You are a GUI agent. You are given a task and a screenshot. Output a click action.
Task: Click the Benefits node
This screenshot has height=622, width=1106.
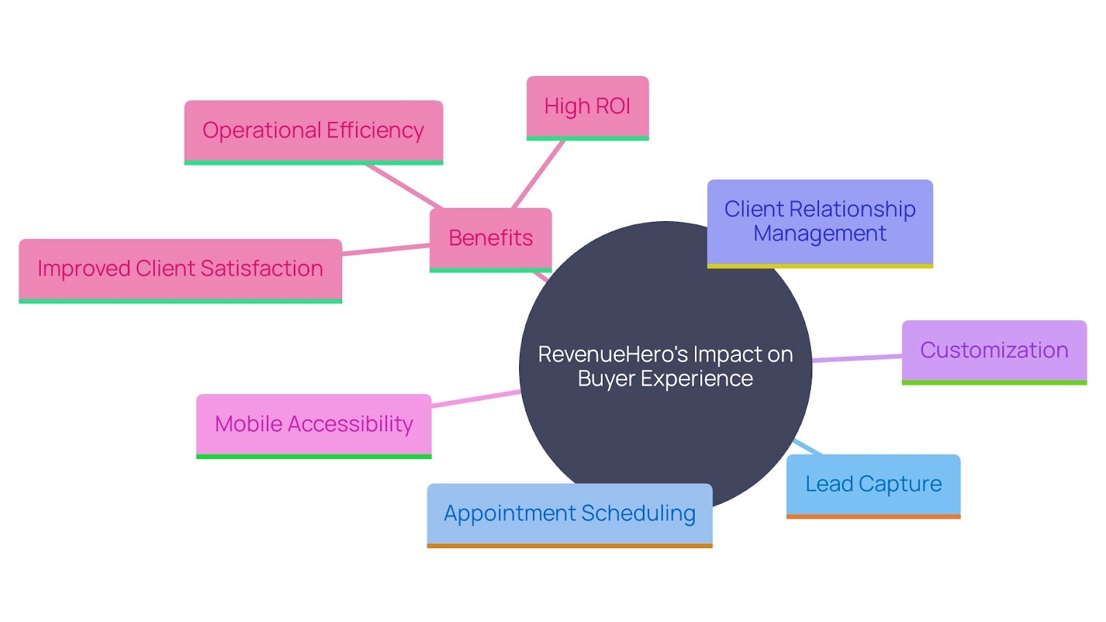tap(490, 238)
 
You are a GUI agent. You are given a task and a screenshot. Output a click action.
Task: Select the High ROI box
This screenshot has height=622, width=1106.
tap(587, 106)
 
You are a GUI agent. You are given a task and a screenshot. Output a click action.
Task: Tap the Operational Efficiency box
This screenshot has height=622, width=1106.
tap(313, 131)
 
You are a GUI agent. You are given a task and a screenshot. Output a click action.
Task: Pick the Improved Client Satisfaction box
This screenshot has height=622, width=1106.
tap(180, 269)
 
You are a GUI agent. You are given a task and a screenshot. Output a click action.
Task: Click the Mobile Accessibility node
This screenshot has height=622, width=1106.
tap(314, 424)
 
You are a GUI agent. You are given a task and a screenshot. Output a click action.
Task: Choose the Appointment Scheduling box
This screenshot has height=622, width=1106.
tap(569, 513)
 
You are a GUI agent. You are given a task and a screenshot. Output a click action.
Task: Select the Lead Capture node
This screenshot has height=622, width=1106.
tap(873, 484)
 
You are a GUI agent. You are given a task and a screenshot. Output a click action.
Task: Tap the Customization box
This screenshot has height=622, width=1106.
tap(993, 350)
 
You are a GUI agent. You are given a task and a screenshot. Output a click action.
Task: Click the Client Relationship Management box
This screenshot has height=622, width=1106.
tap(819, 222)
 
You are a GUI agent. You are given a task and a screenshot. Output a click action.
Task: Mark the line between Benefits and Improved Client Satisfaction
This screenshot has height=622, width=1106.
tap(386, 249)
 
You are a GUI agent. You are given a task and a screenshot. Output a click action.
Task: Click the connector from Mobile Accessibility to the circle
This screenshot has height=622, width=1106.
tap(476, 399)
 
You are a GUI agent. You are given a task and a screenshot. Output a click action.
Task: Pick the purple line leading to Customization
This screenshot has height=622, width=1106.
tap(857, 358)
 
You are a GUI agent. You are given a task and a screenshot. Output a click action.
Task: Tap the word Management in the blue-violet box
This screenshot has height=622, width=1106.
tap(819, 234)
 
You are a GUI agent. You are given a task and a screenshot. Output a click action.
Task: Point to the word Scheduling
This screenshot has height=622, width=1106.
tap(638, 513)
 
